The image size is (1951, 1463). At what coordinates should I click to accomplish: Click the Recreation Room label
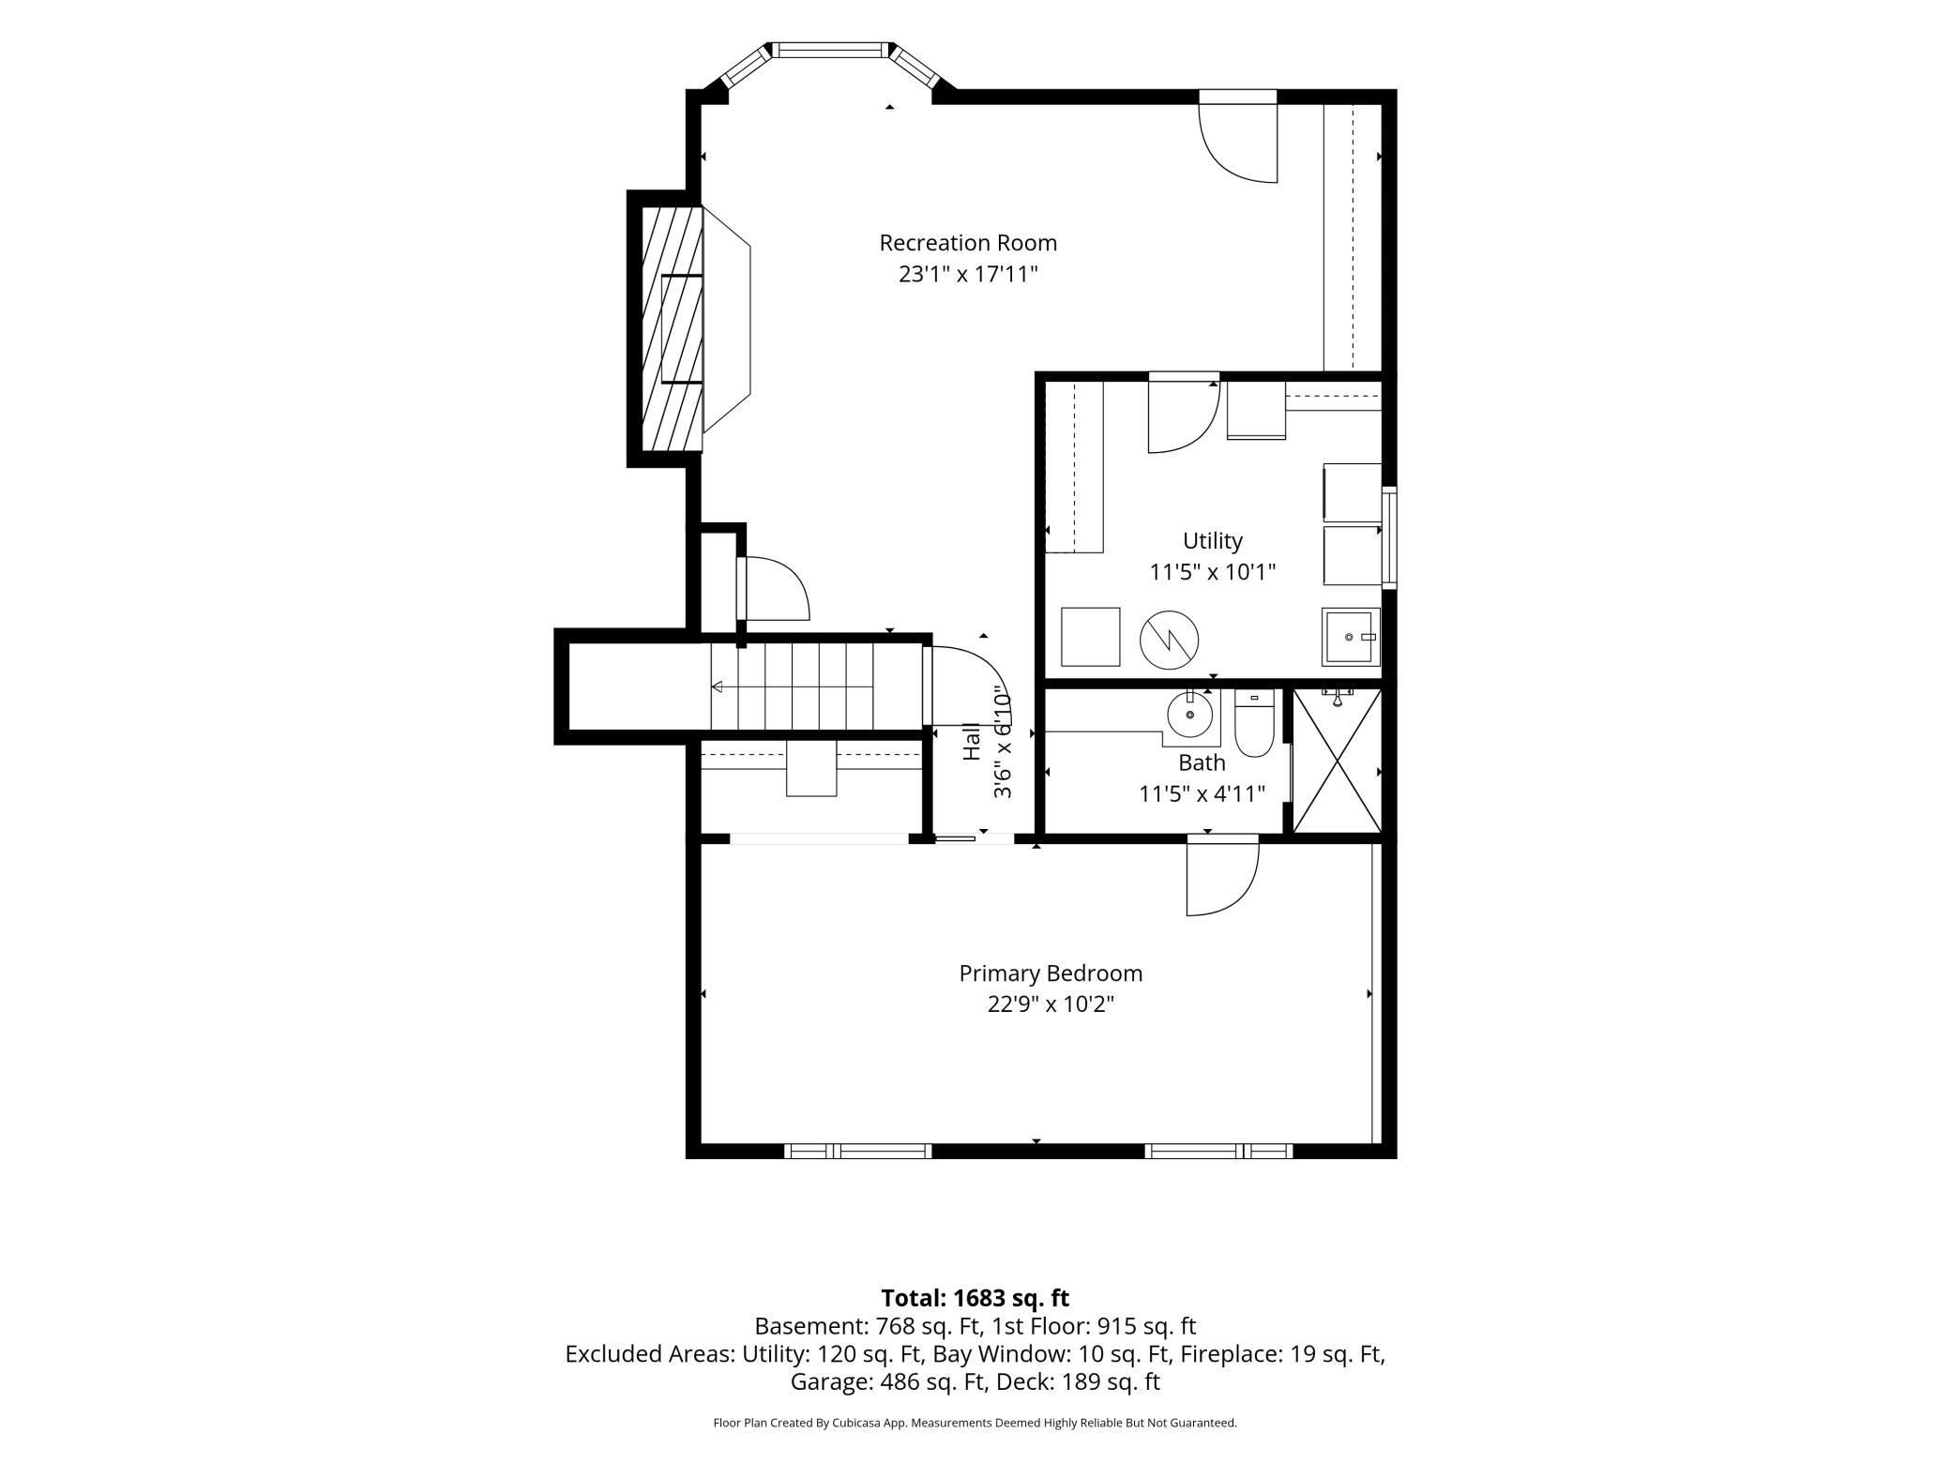[968, 243]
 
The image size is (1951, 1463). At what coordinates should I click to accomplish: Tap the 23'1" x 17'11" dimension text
[968, 275]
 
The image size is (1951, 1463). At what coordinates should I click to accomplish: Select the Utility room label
[1213, 541]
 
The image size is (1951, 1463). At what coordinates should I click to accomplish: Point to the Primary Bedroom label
[1051, 973]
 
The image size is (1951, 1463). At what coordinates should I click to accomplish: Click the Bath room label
[1202, 762]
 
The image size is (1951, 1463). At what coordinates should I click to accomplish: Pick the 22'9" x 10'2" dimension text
[1051, 1004]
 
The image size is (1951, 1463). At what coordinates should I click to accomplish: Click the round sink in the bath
[1191, 715]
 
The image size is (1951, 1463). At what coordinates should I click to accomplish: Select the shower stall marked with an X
[1337, 761]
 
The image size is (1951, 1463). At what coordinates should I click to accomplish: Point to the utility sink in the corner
[1351, 637]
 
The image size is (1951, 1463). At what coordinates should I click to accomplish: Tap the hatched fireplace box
[672, 328]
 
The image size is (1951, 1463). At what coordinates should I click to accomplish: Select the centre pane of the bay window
[829, 50]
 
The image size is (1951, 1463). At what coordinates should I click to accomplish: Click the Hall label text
[972, 741]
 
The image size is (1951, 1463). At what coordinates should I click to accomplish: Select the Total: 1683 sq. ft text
[975, 1298]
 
